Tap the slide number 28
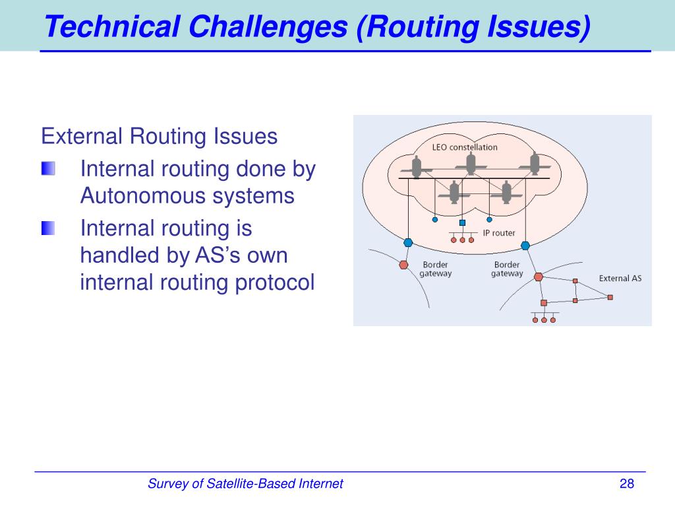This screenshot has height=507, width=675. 626,484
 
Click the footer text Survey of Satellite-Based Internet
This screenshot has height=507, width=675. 245,484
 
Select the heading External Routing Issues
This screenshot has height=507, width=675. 159,137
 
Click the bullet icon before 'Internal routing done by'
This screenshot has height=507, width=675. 48,169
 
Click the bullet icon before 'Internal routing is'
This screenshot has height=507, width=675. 48,228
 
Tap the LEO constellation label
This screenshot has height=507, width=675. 465,147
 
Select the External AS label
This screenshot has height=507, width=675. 620,279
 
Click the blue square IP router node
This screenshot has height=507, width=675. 462,223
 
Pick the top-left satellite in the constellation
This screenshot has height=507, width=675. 417,166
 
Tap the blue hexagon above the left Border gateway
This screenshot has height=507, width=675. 408,243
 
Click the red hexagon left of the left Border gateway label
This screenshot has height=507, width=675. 403,265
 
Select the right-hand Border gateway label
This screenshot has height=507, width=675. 507,269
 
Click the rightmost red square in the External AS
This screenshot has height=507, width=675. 610,298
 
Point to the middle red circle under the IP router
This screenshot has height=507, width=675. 462,240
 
